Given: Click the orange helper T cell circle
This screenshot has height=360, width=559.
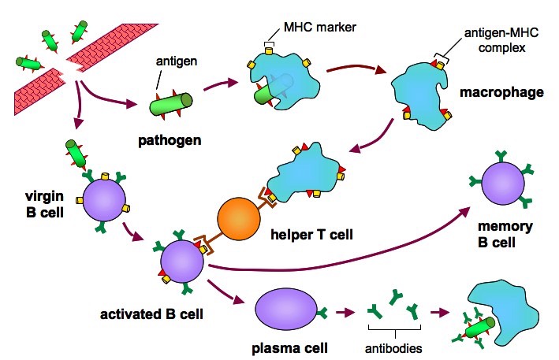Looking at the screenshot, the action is [x=239, y=218].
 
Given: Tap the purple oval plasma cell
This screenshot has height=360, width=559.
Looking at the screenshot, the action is [x=286, y=310].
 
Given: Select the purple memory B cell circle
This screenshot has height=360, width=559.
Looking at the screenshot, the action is [x=503, y=183].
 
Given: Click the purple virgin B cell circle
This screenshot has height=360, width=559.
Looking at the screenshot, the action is [x=104, y=200].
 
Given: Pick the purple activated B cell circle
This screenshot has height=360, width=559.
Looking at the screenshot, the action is [x=182, y=262].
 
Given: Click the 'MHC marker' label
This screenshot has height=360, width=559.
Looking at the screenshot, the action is [x=320, y=27].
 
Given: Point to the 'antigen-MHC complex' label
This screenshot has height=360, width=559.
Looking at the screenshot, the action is [x=501, y=40].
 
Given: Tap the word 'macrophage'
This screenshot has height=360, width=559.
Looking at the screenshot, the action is [x=501, y=92].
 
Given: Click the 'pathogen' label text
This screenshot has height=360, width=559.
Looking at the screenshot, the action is [x=170, y=140].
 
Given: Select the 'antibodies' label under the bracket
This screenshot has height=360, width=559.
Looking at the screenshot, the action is [x=393, y=348].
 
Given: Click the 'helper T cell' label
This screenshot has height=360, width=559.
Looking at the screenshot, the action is [x=312, y=235].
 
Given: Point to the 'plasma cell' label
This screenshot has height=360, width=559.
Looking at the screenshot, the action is [x=289, y=348].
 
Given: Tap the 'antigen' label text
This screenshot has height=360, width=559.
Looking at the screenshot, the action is [x=177, y=61].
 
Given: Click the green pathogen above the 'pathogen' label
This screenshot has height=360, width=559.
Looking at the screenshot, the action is [x=170, y=104].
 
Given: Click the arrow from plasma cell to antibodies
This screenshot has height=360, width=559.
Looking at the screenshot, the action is [x=345, y=313].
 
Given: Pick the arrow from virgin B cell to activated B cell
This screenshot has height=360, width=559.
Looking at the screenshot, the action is [x=133, y=233].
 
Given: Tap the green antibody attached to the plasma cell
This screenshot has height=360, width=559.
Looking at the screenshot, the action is [x=322, y=313].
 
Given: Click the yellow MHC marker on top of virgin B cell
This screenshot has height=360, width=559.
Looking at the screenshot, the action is [x=105, y=176].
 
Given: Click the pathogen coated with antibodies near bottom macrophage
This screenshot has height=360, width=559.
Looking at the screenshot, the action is [x=477, y=328].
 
